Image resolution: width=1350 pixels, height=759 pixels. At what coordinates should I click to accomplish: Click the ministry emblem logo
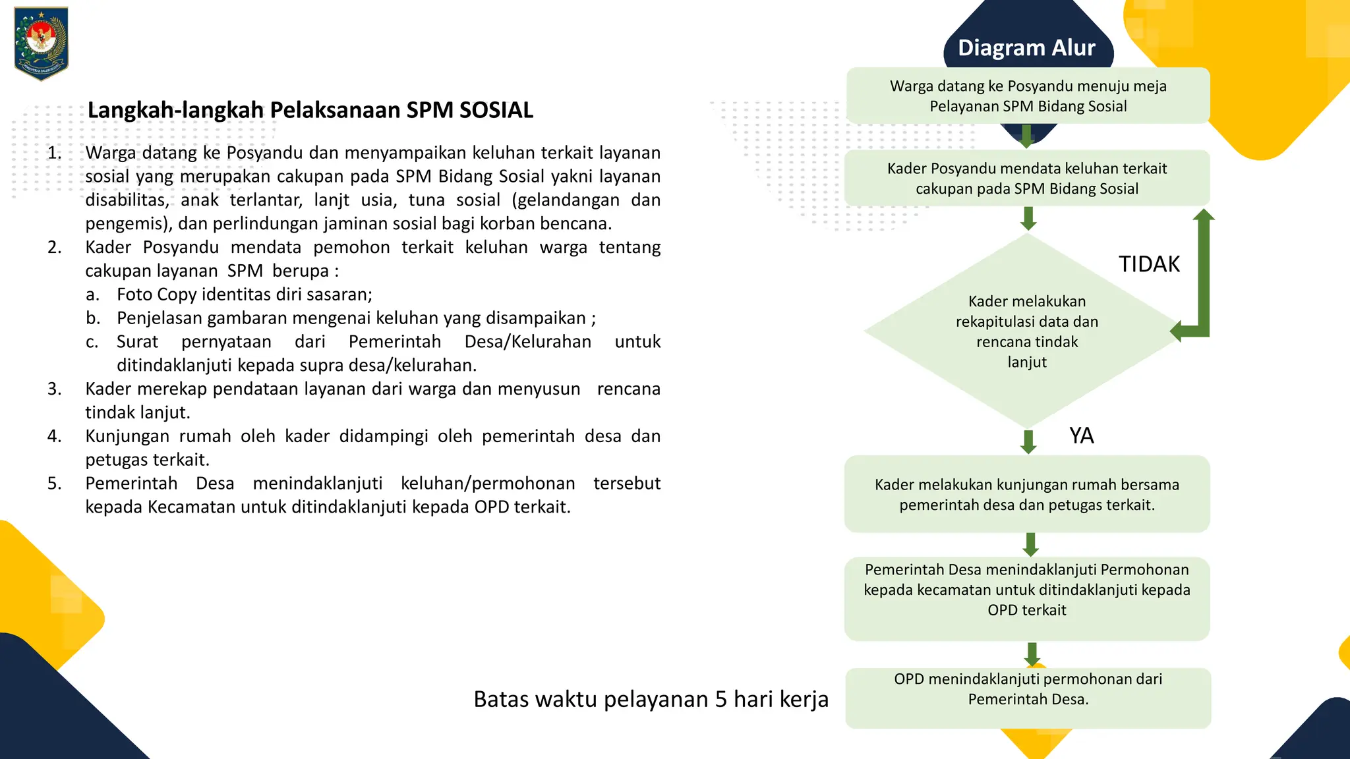(41, 43)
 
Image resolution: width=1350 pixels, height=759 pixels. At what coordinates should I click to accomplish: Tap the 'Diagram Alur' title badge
(1026, 48)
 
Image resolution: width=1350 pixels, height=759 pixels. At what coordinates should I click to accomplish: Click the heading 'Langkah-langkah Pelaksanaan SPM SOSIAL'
(310, 110)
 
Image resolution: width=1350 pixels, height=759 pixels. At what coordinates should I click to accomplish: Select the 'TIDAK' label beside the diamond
(1149, 264)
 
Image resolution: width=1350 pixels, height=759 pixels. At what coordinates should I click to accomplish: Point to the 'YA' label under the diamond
(1081, 436)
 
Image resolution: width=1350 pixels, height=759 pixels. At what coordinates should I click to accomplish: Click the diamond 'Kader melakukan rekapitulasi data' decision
(1027, 331)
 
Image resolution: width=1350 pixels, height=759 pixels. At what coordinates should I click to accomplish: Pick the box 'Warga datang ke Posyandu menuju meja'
(1028, 96)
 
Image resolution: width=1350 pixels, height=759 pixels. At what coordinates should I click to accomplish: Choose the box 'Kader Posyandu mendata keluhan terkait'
(1027, 179)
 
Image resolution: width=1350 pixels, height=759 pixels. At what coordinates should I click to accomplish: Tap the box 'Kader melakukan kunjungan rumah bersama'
(1027, 495)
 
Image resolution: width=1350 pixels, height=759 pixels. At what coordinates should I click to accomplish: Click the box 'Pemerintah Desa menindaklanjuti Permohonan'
(1027, 590)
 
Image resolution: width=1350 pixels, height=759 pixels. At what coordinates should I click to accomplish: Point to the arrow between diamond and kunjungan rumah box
(1028, 442)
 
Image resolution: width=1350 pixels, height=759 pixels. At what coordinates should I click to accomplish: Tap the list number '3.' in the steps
(55, 389)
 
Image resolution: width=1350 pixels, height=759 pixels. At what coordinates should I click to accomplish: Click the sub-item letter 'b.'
(93, 318)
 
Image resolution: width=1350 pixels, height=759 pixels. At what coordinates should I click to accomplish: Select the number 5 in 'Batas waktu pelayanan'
(721, 699)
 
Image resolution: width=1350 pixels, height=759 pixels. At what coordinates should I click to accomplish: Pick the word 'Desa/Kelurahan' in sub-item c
(527, 342)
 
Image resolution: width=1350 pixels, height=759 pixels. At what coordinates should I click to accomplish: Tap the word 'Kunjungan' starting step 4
(127, 436)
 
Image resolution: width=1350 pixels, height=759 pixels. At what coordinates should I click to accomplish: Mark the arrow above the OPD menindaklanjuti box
(1032, 654)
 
